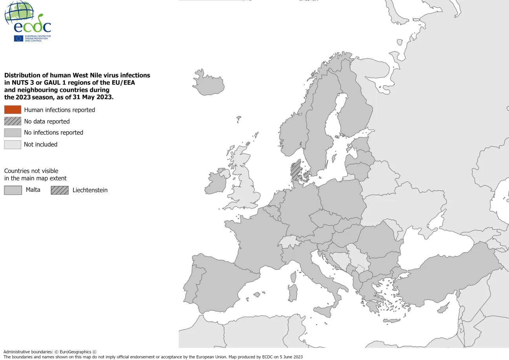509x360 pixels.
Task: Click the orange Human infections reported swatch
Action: click(x=13, y=110)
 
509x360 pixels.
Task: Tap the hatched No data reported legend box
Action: click(x=13, y=121)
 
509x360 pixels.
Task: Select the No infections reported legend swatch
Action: click(x=13, y=132)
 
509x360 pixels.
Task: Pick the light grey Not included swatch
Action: click(x=13, y=144)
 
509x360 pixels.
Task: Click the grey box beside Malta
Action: click(x=13, y=190)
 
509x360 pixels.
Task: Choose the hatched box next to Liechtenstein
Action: click(x=59, y=190)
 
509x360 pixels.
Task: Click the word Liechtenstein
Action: click(x=90, y=190)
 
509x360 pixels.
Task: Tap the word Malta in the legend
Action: click(x=33, y=190)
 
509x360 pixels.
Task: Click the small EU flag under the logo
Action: click(x=18, y=38)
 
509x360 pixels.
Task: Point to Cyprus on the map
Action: click(x=443, y=309)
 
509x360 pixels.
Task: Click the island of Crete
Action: click(x=391, y=321)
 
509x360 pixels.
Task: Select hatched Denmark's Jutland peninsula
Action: click(x=295, y=170)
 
